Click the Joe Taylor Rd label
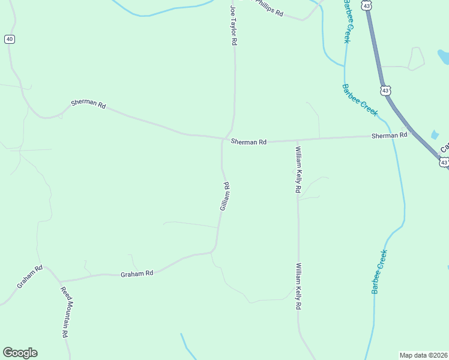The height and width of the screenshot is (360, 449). click(x=234, y=26)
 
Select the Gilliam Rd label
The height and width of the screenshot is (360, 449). click(x=225, y=196)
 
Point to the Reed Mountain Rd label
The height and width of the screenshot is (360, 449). click(x=65, y=312)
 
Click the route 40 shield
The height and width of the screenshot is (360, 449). click(x=9, y=39)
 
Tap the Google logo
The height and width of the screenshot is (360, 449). click(x=20, y=353)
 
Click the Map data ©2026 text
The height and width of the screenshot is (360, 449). click(x=423, y=355)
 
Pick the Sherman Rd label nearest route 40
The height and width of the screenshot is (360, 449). click(x=88, y=104)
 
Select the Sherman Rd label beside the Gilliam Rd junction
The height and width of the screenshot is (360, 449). click(x=249, y=142)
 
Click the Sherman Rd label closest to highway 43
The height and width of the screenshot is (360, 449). click(x=389, y=136)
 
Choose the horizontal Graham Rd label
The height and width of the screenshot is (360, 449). click(x=137, y=273)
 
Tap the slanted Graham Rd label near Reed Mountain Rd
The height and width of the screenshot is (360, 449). click(x=29, y=276)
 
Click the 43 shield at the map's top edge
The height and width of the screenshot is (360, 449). click(x=366, y=5)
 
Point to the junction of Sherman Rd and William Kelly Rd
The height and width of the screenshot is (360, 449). click(x=297, y=140)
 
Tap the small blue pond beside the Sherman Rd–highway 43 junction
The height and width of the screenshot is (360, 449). click(x=435, y=135)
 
